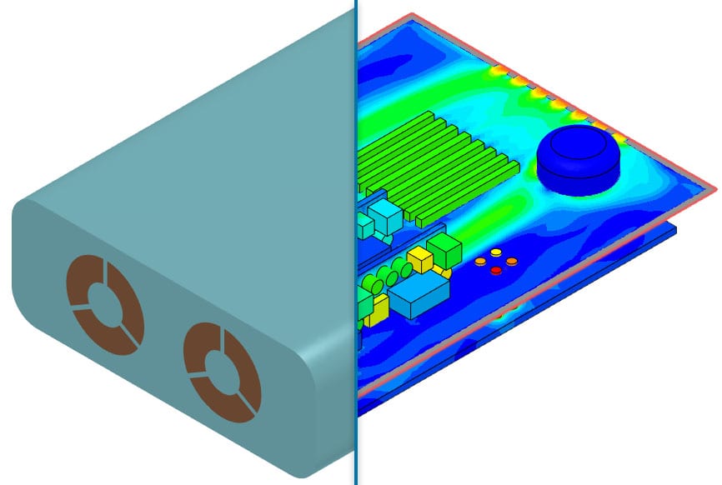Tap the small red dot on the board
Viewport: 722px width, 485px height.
496,271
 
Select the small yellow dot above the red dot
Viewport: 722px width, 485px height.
496,252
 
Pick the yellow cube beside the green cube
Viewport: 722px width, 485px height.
419,262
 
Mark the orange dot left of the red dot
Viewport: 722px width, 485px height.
481,262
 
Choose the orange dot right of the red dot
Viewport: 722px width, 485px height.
512,261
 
